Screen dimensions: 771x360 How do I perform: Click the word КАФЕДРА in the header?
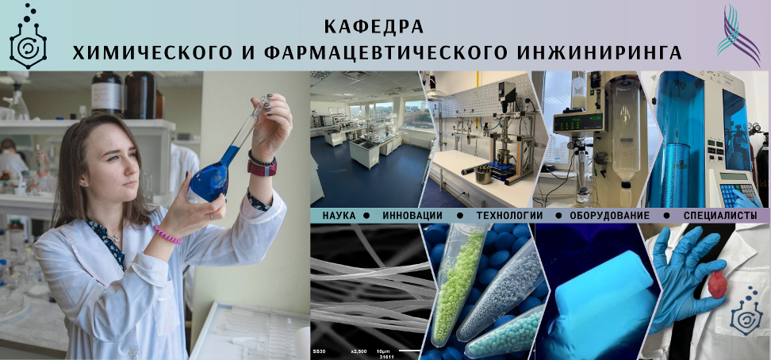pyautogui.click(x=374, y=26)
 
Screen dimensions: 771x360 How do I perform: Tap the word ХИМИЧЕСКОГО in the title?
pyautogui.click(x=152, y=52)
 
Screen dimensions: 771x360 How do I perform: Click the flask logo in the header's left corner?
pyautogui.click(x=28, y=36)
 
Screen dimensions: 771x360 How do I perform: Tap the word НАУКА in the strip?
pyautogui.click(x=342, y=216)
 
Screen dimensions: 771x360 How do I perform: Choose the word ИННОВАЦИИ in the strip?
pyautogui.click(x=412, y=216)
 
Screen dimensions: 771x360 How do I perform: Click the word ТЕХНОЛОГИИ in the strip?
pyautogui.click(x=509, y=216)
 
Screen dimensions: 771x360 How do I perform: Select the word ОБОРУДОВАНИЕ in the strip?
pyautogui.click(x=610, y=216)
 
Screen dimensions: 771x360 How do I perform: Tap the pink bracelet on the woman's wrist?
pyautogui.click(x=167, y=235)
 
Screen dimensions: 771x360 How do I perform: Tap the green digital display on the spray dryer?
pyautogui.click(x=577, y=123)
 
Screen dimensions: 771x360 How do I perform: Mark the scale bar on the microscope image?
pyautogui.click(x=409, y=350)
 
